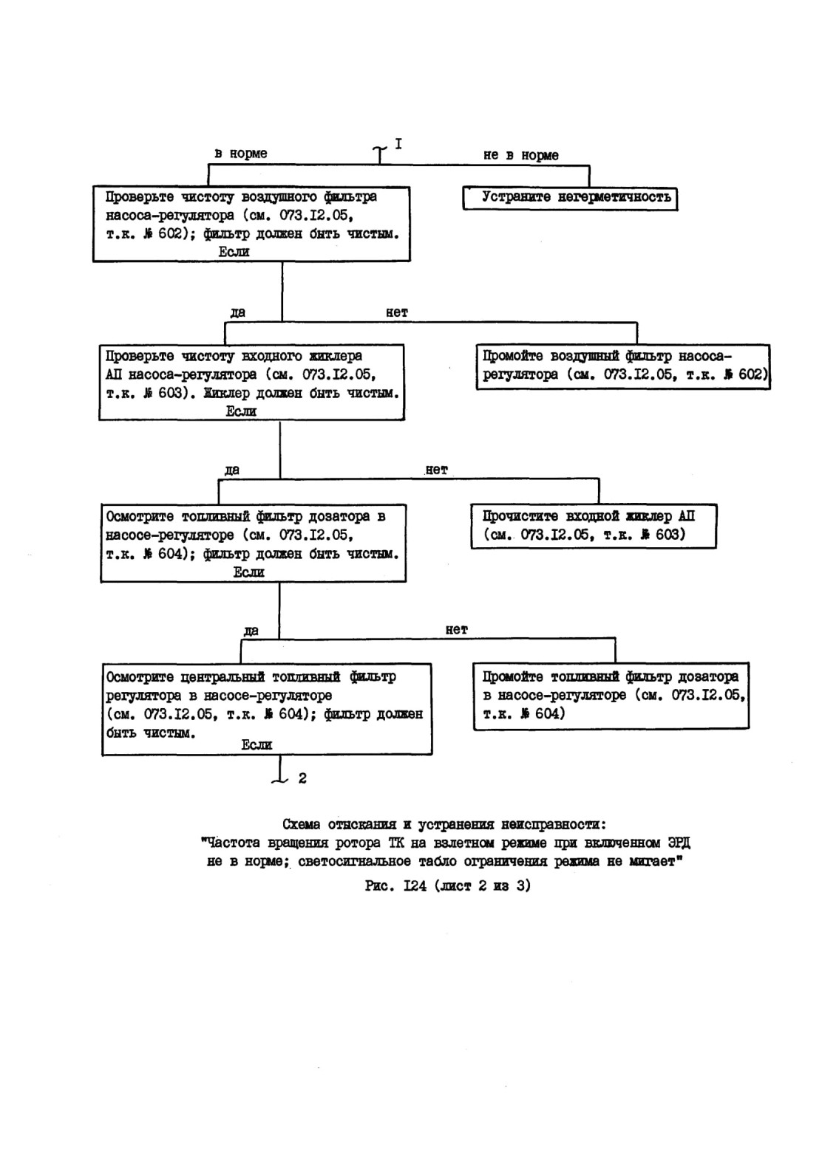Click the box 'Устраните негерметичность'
click(x=570, y=198)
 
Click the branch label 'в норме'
click(x=241, y=154)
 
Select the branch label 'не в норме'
click(x=521, y=155)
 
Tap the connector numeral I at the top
click(x=398, y=144)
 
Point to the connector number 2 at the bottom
click(x=302, y=778)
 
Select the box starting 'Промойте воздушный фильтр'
click(x=623, y=367)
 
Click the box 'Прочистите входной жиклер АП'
click(x=594, y=526)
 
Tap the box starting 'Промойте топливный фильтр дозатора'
click(x=611, y=696)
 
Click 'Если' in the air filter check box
click(x=234, y=252)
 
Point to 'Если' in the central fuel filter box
click(x=257, y=744)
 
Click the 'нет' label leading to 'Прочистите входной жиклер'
click(x=436, y=470)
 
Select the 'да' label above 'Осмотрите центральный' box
click(x=251, y=631)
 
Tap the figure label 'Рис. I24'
click(x=396, y=885)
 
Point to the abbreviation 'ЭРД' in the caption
click(x=679, y=843)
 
